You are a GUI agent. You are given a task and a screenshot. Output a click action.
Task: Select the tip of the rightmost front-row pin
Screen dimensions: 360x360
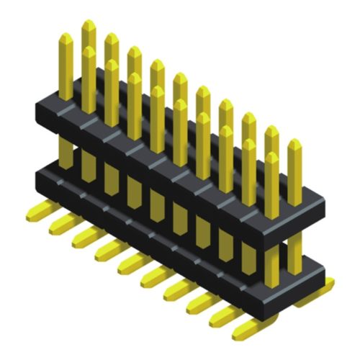tap(271, 156)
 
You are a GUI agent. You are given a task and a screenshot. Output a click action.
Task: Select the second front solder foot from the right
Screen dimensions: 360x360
tap(222, 316)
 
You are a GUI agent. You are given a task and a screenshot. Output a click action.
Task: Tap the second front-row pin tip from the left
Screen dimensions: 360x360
tap(89, 50)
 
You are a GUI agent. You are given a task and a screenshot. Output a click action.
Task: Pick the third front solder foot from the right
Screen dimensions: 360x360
tap(199, 303)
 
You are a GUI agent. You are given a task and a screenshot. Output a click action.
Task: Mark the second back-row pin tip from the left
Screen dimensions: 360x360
tap(112, 37)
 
